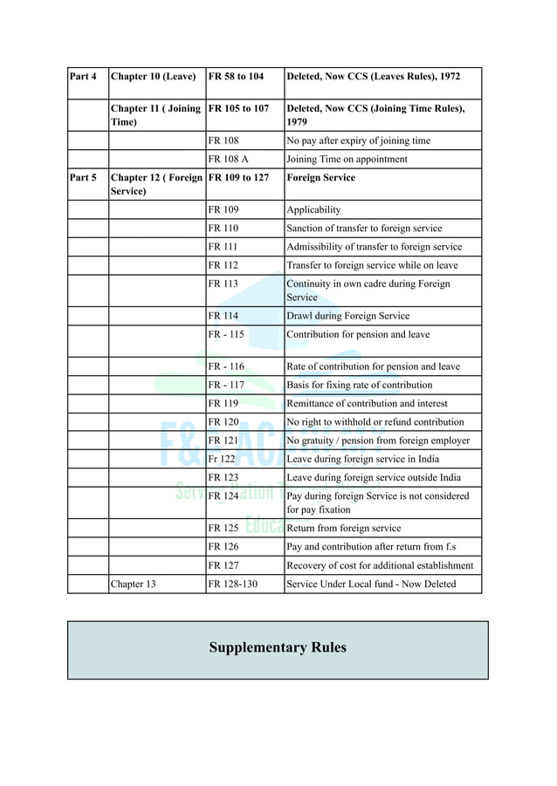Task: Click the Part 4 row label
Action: click(83, 77)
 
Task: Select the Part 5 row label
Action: click(83, 178)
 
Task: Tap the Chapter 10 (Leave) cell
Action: click(153, 77)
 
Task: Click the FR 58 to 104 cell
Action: click(236, 77)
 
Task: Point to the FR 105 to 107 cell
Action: click(238, 109)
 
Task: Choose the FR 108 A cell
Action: click(228, 160)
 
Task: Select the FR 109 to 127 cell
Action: click(238, 178)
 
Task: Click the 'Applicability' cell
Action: click(313, 210)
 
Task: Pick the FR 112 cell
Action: click(223, 265)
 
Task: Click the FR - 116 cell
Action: click(226, 367)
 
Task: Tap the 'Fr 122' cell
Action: click(222, 459)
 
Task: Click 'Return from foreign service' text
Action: click(344, 529)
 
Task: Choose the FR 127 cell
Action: click(223, 565)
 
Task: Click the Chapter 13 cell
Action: click(133, 584)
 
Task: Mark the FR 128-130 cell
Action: click(232, 584)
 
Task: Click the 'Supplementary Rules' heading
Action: click(278, 648)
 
